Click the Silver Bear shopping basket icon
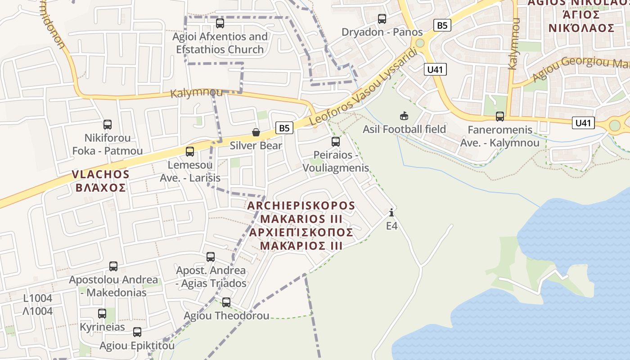click(x=256, y=132)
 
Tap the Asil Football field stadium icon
click(x=404, y=116)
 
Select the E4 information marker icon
click(x=391, y=212)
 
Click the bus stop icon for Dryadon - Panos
click(x=382, y=19)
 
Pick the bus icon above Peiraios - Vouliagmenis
click(x=335, y=142)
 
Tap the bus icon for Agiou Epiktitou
click(x=137, y=332)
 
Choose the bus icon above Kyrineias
click(x=102, y=313)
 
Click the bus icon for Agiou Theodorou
click(x=226, y=302)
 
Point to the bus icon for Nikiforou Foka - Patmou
click(x=108, y=125)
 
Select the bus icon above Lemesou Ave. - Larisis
click(x=190, y=152)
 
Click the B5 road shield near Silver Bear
click(x=284, y=128)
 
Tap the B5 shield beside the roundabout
click(x=442, y=25)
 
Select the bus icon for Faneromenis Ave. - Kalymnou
click(x=499, y=117)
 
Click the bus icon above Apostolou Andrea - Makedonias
click(x=113, y=266)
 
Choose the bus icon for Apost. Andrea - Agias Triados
click(x=211, y=257)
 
